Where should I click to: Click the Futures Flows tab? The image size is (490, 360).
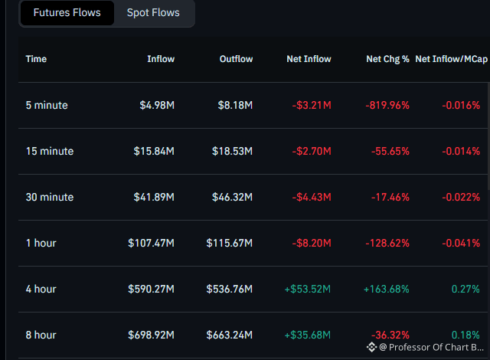coord(67,13)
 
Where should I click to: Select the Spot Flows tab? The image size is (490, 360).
coord(153,13)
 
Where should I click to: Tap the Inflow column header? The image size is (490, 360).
coord(161,59)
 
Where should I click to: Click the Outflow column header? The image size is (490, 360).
coord(236,59)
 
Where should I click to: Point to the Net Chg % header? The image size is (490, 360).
coord(387,59)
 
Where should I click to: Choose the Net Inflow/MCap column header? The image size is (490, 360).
coord(451,59)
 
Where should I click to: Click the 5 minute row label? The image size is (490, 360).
coord(47,105)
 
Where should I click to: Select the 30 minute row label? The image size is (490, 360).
coord(50,197)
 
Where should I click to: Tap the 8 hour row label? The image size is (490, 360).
coord(41,335)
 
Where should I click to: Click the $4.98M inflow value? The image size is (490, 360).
coord(157,105)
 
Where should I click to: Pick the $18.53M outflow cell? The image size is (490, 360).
coord(232,151)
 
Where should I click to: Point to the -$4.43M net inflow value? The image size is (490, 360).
coord(312,197)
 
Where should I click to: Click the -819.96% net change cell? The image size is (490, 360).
coord(387,105)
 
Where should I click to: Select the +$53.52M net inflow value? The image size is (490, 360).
coord(308,289)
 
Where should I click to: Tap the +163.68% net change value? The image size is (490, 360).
coord(386,289)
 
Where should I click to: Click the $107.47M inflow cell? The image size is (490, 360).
coord(151,243)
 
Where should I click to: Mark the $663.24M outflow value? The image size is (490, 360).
coord(229,335)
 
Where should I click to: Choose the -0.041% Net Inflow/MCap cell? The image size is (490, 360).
coord(461,243)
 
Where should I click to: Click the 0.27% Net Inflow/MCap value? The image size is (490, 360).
coord(465,289)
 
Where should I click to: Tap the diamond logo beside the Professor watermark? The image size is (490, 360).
coord(371,347)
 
